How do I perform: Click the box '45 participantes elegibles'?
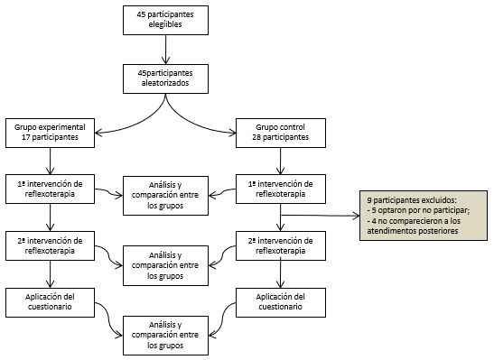[164, 20]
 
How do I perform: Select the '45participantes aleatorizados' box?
[164, 78]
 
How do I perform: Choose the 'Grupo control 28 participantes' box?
[281, 132]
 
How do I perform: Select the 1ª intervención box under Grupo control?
[281, 188]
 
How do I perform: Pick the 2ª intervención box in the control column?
[281, 245]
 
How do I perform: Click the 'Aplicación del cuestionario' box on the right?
[281, 301]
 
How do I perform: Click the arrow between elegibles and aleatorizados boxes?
[164, 48]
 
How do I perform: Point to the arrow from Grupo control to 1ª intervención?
[281, 159]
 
